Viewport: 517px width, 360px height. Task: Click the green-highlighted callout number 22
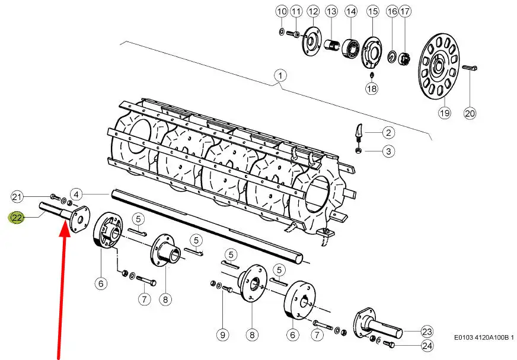(x=17, y=218)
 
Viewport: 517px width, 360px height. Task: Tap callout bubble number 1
(x=280, y=76)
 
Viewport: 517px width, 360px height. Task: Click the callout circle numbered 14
(x=351, y=11)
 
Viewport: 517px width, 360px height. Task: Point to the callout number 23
(x=427, y=331)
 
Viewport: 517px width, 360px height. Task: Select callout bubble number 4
(x=76, y=195)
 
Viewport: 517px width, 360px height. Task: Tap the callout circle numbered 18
(x=372, y=88)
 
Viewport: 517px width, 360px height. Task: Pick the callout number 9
(x=222, y=335)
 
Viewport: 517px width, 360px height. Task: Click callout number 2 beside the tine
(x=389, y=133)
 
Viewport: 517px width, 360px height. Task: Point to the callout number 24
(x=427, y=346)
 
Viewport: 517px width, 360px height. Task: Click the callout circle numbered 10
(x=282, y=11)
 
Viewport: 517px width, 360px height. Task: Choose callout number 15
(x=373, y=11)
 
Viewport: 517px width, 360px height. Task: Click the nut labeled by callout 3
(x=358, y=151)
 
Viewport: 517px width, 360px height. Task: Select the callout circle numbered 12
(x=313, y=11)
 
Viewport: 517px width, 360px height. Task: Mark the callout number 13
(x=331, y=11)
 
